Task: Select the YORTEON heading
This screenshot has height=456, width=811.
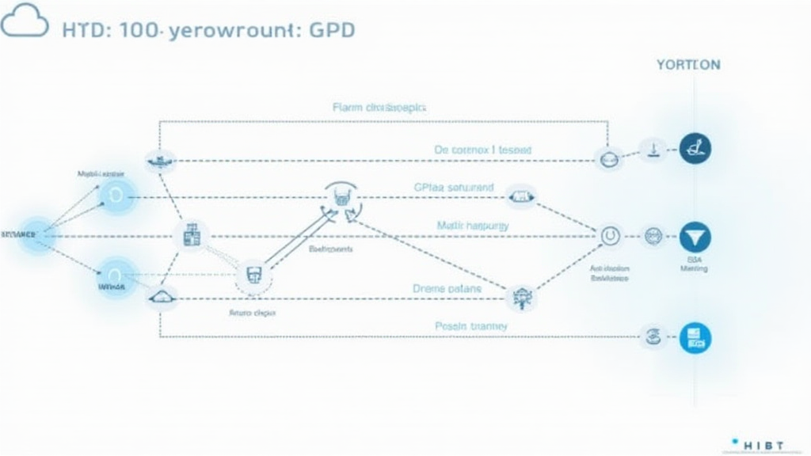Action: pyautogui.click(x=688, y=65)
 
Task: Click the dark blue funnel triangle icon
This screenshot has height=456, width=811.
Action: pyautogui.click(x=695, y=236)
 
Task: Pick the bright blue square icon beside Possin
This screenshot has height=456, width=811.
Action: pyautogui.click(x=695, y=337)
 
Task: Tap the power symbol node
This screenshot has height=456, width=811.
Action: pyautogui.click(x=609, y=234)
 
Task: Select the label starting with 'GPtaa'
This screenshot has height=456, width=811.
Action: pyautogui.click(x=453, y=188)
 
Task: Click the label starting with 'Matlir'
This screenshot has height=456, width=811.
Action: pyautogui.click(x=473, y=226)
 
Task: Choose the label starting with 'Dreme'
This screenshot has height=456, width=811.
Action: pyautogui.click(x=447, y=289)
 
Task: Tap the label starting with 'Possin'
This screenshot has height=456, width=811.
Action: pyautogui.click(x=471, y=325)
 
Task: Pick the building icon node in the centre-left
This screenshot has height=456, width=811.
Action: pyautogui.click(x=191, y=235)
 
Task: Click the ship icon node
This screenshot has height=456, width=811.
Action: pyautogui.click(x=161, y=159)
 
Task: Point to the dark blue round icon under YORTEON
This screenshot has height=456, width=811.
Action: pyautogui.click(x=695, y=148)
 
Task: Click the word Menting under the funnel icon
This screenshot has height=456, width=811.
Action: pyautogui.click(x=694, y=269)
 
